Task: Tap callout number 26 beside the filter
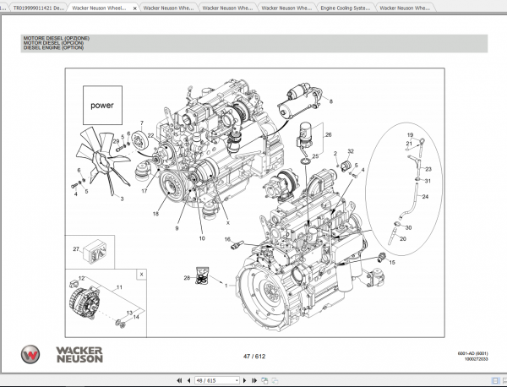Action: (x=329, y=134)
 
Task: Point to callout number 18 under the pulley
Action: (x=155, y=214)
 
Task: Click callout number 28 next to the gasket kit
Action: (x=187, y=277)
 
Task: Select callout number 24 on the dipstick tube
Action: (x=425, y=197)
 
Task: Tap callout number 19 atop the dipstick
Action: (x=410, y=135)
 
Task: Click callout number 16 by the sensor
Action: (x=227, y=240)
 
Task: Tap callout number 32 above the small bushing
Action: (x=351, y=152)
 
